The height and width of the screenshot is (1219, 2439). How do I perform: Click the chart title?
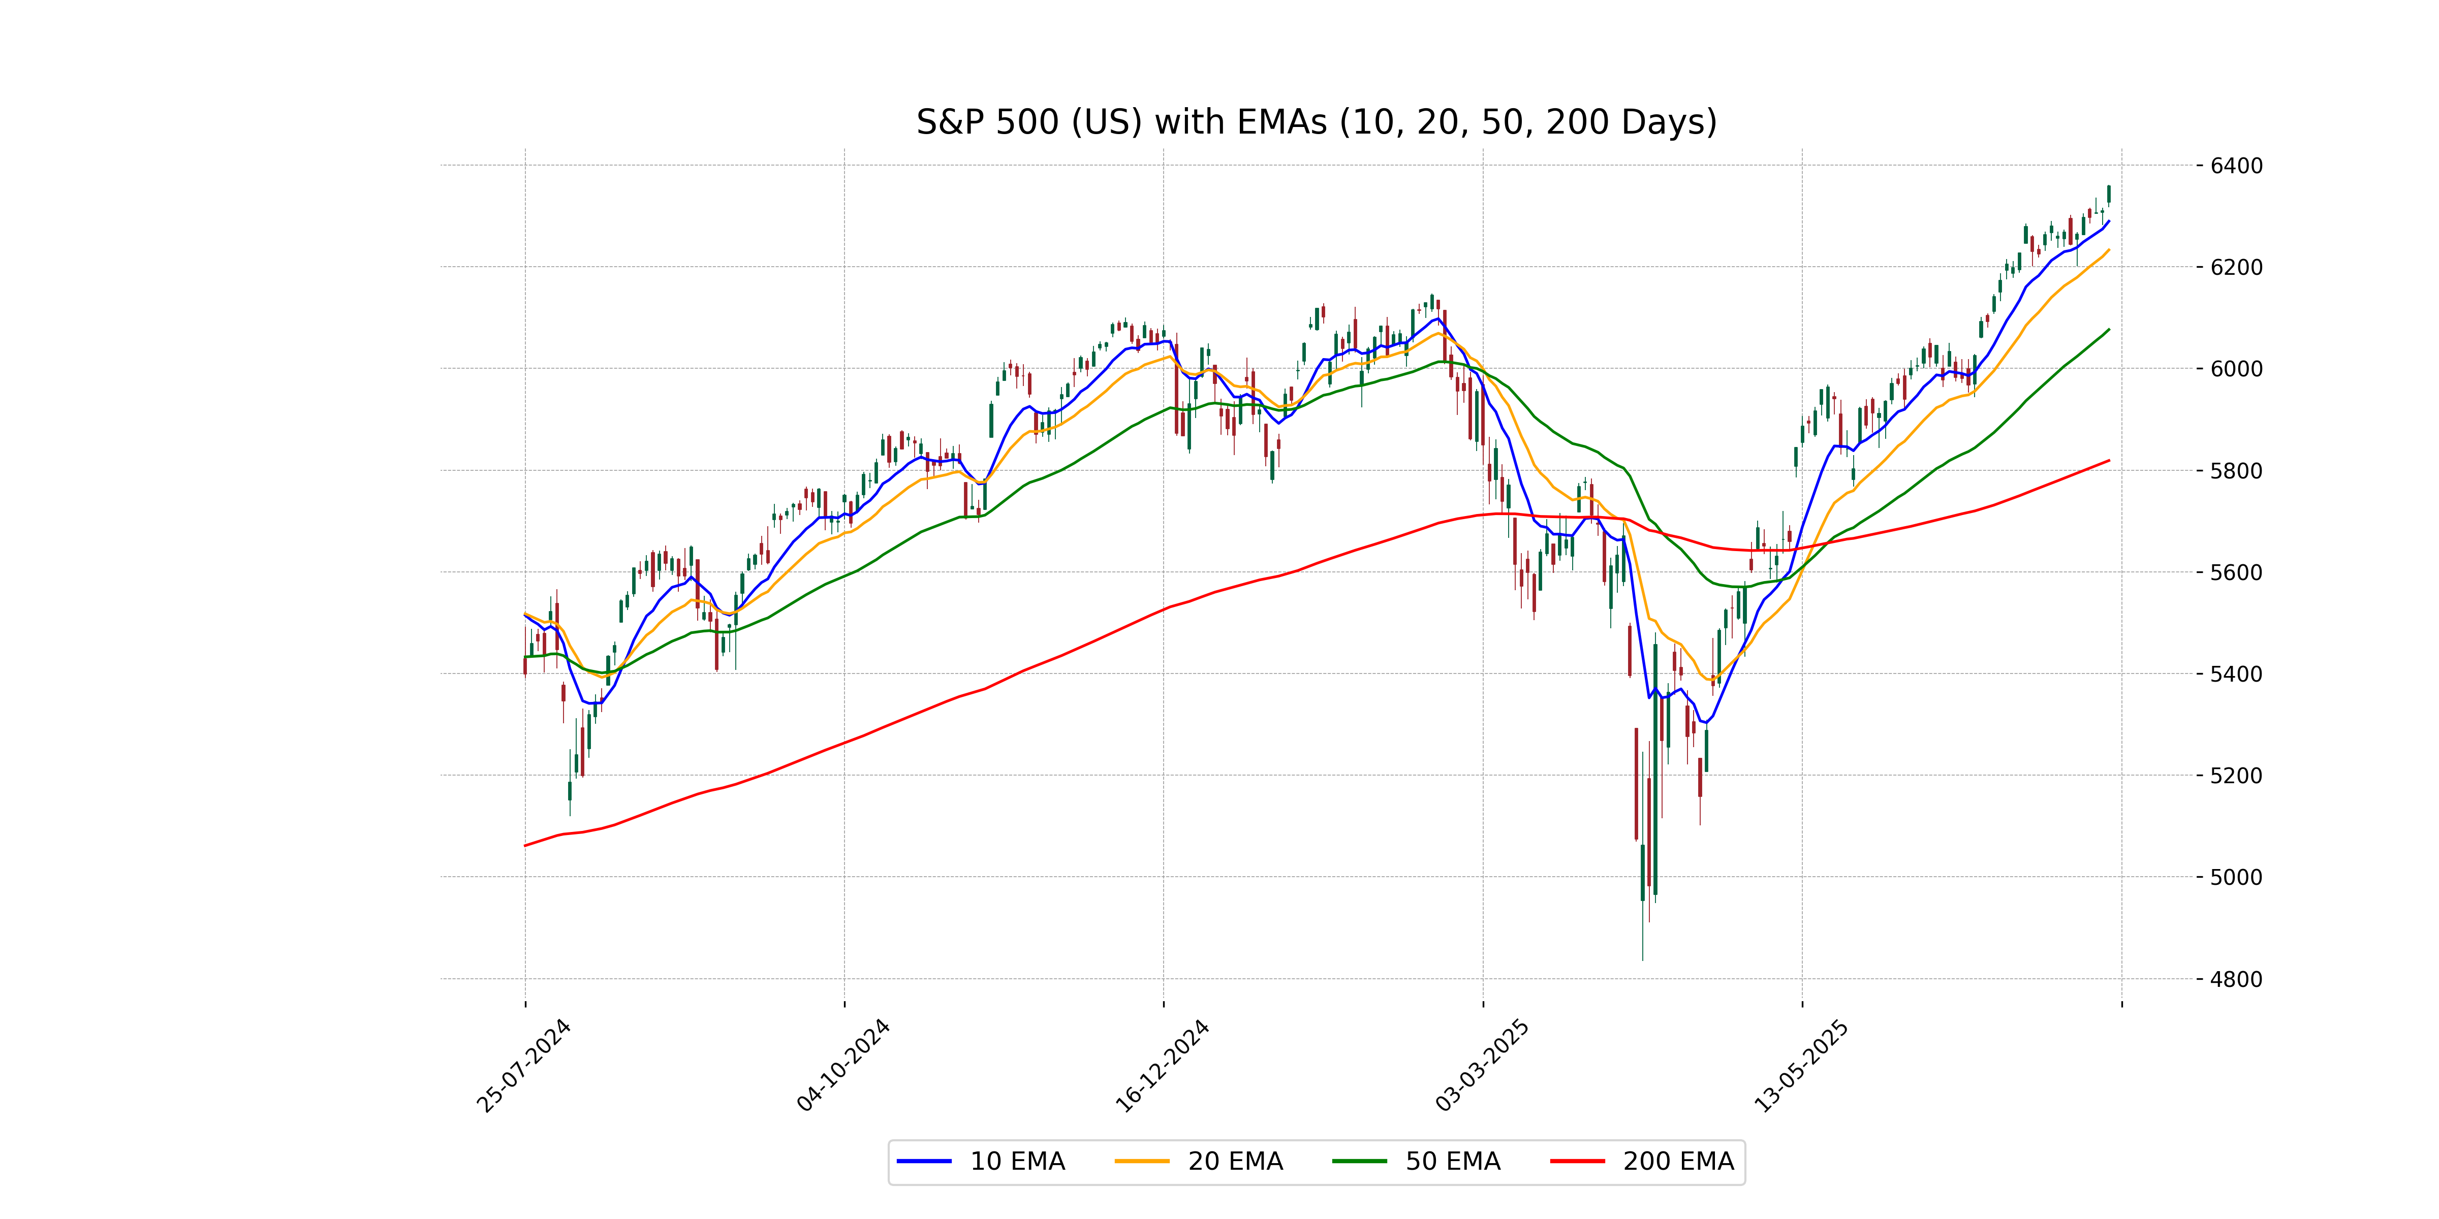(x=1316, y=122)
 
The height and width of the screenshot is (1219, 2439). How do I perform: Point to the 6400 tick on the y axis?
(x=2235, y=166)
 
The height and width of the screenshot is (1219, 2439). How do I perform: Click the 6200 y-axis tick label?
(x=2235, y=267)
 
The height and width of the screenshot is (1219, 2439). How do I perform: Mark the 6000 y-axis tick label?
(x=2235, y=369)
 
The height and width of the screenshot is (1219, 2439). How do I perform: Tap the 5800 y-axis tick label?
(x=2235, y=470)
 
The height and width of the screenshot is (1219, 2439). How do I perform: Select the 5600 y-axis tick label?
(x=2235, y=572)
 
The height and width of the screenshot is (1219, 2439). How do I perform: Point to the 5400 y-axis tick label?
(x=2235, y=674)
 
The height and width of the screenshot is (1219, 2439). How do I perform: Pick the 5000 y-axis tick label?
(x=2235, y=877)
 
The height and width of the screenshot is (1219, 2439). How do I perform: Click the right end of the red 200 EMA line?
(x=2109, y=461)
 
